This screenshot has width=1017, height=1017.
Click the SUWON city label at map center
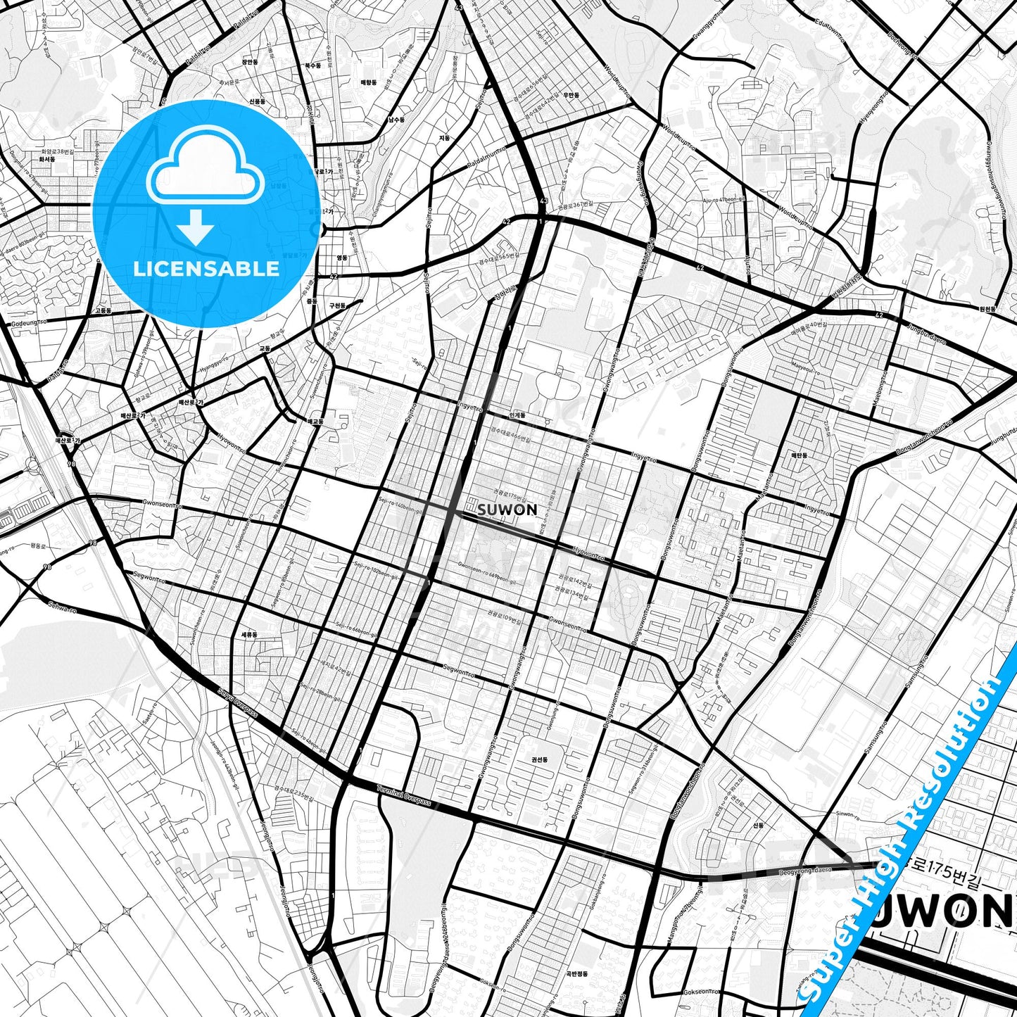click(x=507, y=509)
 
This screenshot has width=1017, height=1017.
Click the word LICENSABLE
click(x=206, y=268)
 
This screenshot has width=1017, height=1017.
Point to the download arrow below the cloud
click(x=196, y=227)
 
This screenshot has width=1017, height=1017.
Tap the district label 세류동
click(x=249, y=634)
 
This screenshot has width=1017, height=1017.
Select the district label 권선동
click(x=540, y=760)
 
